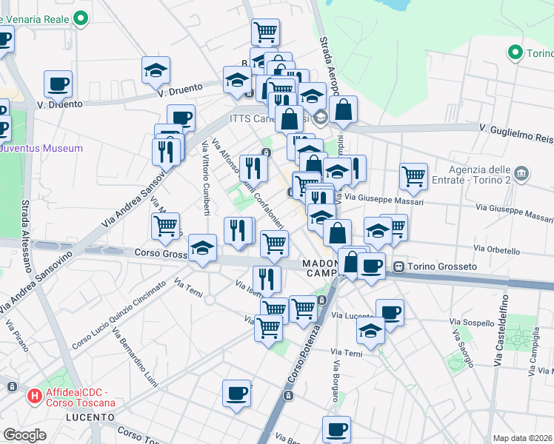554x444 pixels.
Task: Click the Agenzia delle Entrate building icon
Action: tap(522, 174)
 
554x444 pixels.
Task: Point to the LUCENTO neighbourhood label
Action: tap(90, 417)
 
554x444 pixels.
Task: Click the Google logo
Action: tap(24, 435)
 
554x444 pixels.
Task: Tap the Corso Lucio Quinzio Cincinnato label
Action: tap(119, 315)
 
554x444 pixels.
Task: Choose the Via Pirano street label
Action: tap(17, 334)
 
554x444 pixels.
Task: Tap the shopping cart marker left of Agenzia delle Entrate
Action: tap(413, 176)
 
